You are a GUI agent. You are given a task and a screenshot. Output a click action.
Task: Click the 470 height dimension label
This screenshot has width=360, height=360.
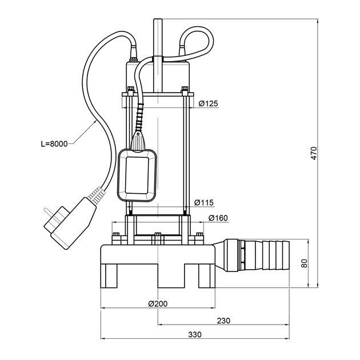click(313, 153)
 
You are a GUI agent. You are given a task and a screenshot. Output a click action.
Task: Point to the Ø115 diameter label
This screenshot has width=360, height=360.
click(204, 202)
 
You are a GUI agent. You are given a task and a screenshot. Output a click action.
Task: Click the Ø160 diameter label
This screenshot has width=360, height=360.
click(219, 218)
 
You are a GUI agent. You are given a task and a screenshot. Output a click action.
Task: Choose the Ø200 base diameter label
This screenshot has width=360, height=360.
click(157, 303)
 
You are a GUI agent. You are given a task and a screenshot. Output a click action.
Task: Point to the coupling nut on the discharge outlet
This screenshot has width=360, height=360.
click(233, 254)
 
